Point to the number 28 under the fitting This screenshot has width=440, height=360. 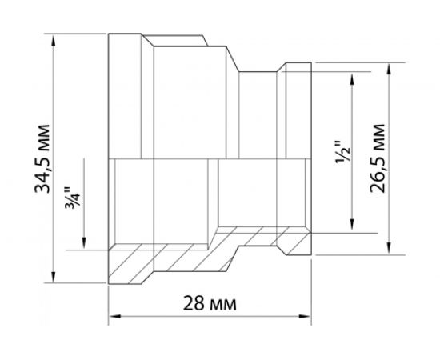click(x=193, y=305)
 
